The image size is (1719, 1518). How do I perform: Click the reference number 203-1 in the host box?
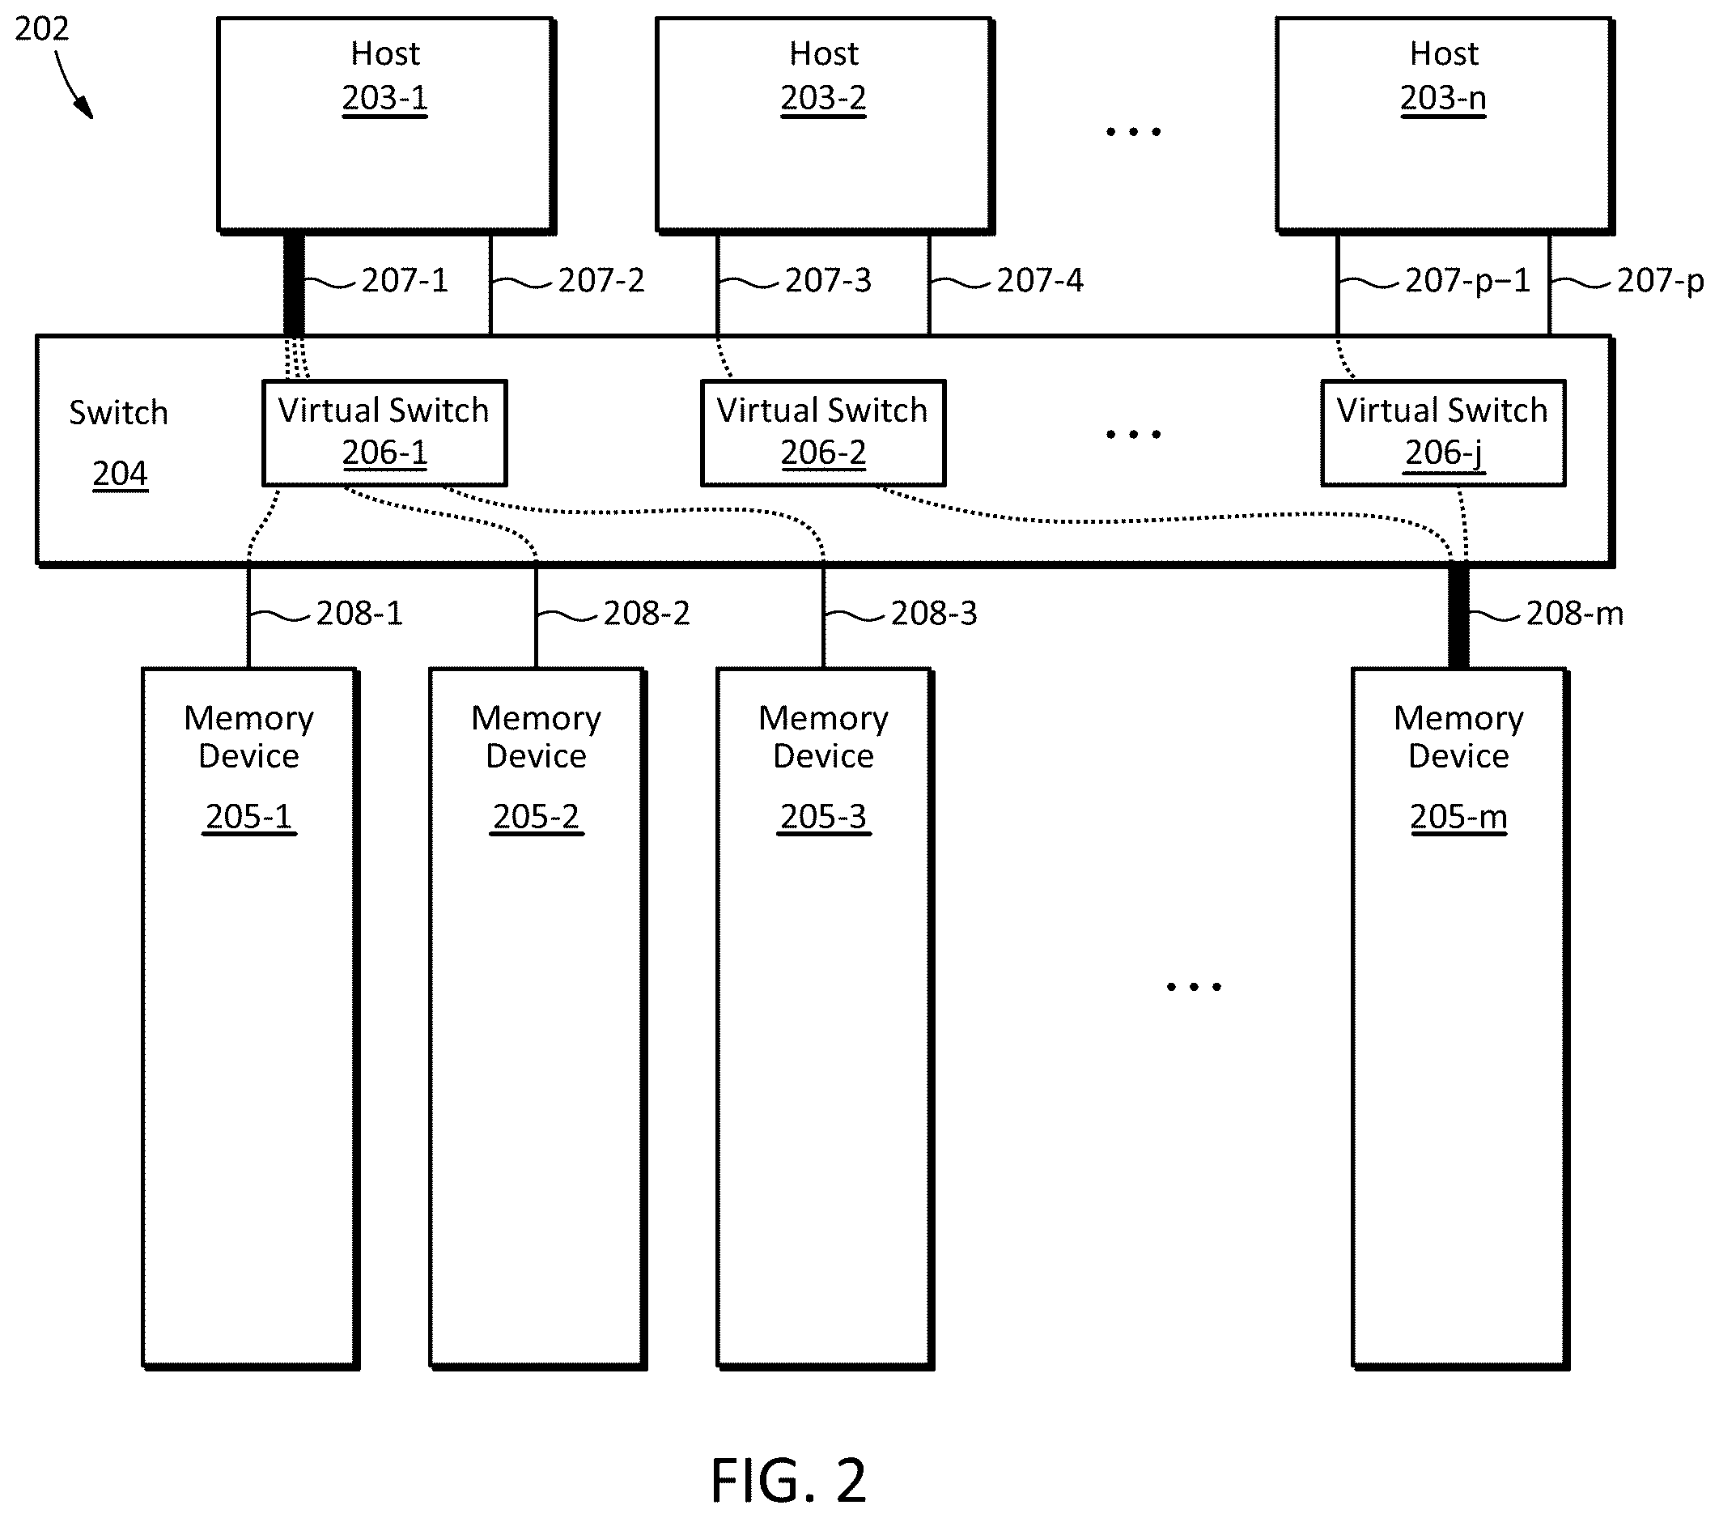click(x=384, y=99)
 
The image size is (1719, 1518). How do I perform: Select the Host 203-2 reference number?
click(x=823, y=99)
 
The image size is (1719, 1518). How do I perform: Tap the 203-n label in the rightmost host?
click(x=1443, y=99)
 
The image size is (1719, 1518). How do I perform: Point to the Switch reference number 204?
click(x=121, y=474)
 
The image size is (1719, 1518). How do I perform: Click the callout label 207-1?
click(x=405, y=280)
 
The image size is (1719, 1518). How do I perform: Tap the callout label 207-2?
click(x=601, y=280)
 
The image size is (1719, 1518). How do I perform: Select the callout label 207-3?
click(x=829, y=280)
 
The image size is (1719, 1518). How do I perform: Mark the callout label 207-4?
click(x=1040, y=280)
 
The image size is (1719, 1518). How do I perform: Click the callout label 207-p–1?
click(x=1467, y=280)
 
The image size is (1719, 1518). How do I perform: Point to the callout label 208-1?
click(x=359, y=614)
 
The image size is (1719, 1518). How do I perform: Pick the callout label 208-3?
click(x=934, y=614)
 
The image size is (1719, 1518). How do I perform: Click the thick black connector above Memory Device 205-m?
click(x=1458, y=618)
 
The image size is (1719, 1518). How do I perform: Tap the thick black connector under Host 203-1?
click(x=294, y=284)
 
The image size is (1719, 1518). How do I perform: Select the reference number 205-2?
click(x=537, y=817)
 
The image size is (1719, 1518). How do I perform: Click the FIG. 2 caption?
click(x=788, y=1481)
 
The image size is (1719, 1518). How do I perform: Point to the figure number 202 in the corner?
click(x=41, y=29)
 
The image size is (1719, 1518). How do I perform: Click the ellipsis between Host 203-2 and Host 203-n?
click(x=1133, y=132)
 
